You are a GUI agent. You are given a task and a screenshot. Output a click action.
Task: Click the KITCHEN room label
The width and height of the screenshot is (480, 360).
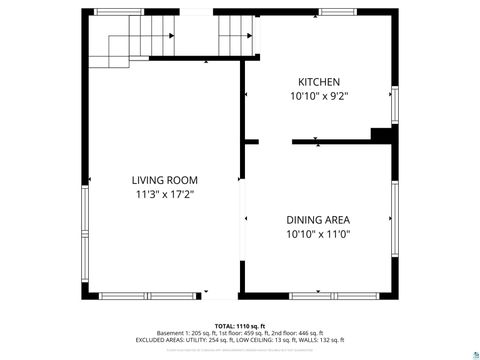click(318, 81)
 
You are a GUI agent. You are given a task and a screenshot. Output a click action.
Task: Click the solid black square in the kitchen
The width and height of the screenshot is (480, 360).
click(381, 135)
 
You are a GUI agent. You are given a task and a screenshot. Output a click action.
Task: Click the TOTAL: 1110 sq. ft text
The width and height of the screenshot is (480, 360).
click(240, 326)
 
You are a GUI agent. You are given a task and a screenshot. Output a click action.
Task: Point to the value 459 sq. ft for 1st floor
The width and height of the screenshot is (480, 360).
click(255, 333)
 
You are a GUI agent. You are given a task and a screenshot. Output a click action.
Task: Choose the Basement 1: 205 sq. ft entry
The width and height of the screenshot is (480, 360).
click(184, 333)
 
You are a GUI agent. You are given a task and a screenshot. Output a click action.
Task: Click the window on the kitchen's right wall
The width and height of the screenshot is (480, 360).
click(394, 104)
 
